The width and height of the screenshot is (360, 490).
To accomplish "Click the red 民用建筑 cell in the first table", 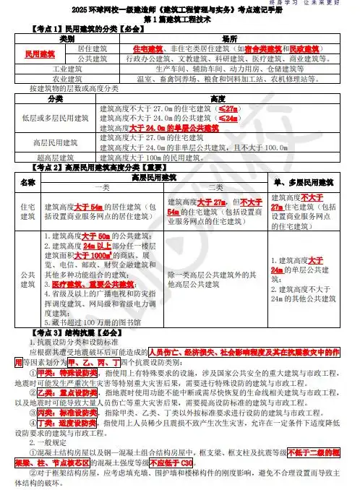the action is [40, 53].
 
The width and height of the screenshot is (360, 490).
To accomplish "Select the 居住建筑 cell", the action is [92, 48].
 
